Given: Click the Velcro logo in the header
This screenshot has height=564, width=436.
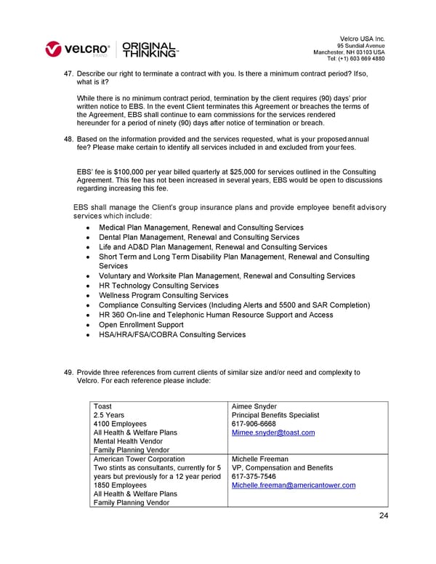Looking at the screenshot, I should [78, 50].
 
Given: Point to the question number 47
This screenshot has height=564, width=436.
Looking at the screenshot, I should [69, 75].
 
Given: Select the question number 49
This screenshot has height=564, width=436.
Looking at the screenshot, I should [69, 373].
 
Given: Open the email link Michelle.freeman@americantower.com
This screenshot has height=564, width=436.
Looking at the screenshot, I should [293, 486].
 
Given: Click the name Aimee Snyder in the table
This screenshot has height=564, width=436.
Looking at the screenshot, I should [255, 406].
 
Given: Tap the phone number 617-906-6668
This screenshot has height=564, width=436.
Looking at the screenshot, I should [253, 424].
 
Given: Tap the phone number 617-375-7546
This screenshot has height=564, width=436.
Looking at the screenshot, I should [253, 477].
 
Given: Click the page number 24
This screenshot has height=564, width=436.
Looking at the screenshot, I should [383, 516].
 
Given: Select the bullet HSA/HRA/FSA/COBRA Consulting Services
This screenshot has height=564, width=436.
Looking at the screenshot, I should [172, 335].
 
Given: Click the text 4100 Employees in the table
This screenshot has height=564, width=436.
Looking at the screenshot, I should [120, 424].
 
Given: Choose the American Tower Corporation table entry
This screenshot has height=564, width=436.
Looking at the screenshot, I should [139, 459].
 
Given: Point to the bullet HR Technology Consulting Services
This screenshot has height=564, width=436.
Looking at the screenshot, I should [158, 286].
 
